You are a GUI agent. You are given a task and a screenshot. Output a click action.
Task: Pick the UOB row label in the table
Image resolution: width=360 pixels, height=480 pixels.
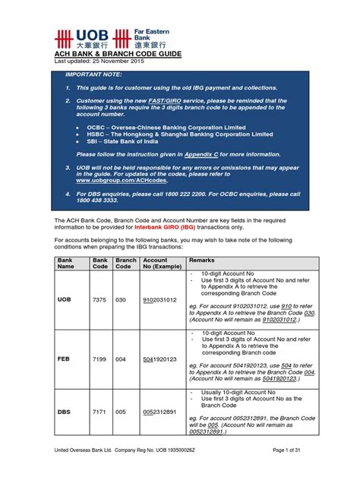point(65,299)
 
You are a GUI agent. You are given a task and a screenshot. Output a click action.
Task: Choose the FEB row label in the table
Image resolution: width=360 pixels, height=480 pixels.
point(64,358)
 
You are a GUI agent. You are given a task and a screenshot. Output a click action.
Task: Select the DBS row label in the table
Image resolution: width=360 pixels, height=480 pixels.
point(64,412)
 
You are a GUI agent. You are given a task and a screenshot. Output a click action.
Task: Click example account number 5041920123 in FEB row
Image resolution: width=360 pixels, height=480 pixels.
point(159,358)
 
